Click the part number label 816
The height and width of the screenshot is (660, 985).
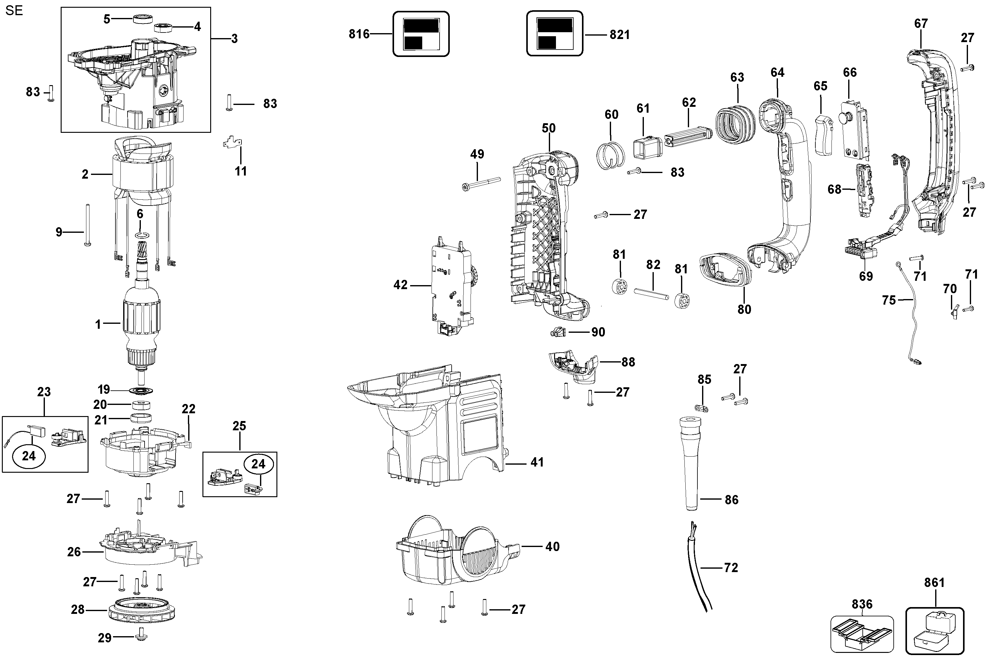[x=359, y=34]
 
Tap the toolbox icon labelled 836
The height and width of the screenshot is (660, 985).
[x=862, y=634]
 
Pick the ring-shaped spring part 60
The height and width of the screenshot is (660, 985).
[x=611, y=155]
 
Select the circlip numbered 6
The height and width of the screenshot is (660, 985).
[x=141, y=234]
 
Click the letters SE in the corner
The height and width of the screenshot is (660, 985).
[x=14, y=11]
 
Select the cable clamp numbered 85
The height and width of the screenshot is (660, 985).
[x=702, y=408]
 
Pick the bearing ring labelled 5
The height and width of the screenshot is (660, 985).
[x=143, y=19]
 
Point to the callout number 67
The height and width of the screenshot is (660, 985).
[x=921, y=24]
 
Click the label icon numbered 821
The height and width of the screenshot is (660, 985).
[x=555, y=34]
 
